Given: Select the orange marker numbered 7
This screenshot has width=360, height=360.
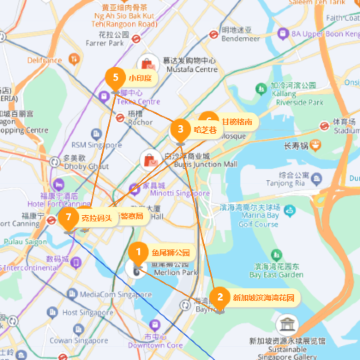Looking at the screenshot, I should (x=68, y=216).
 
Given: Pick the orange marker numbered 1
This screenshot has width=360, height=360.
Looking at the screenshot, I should (x=139, y=252).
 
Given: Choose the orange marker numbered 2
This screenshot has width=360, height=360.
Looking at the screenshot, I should (x=219, y=297).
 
